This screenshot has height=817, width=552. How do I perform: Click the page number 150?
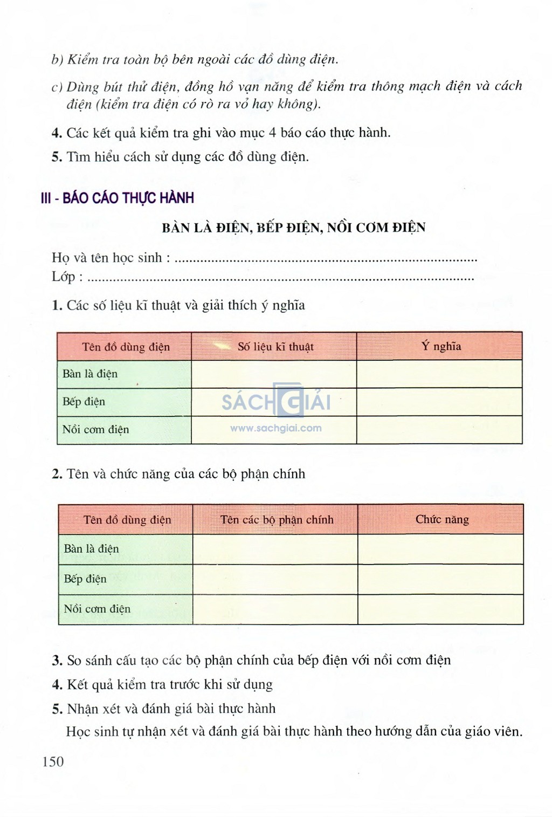point(53,761)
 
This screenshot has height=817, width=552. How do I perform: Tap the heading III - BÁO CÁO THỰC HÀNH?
point(118,198)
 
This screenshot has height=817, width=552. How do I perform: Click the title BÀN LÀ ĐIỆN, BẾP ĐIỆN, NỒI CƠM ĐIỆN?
point(293,227)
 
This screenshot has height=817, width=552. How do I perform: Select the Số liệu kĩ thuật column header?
point(275,347)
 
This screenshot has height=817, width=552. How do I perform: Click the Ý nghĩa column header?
point(441,346)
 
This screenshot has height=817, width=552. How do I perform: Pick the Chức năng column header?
point(441,519)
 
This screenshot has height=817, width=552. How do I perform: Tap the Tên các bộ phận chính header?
point(277,520)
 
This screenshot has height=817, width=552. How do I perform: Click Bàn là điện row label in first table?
point(90,374)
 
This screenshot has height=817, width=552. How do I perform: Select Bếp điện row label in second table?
point(85,579)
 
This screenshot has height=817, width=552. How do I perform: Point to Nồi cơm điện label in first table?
point(96,429)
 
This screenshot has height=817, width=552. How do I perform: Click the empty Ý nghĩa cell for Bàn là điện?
point(439,374)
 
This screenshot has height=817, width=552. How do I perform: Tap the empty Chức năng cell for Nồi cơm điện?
point(440,609)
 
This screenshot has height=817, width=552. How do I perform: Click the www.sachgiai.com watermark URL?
point(276,428)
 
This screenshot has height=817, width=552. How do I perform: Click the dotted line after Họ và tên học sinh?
point(327,260)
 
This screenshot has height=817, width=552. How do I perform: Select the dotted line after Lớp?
point(280,279)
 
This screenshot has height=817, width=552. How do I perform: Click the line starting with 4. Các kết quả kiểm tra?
point(221,133)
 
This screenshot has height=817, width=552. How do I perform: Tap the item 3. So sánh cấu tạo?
point(251,660)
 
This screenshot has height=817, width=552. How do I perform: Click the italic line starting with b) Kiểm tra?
point(195,59)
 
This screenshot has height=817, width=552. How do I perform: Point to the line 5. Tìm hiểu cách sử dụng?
point(181,157)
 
